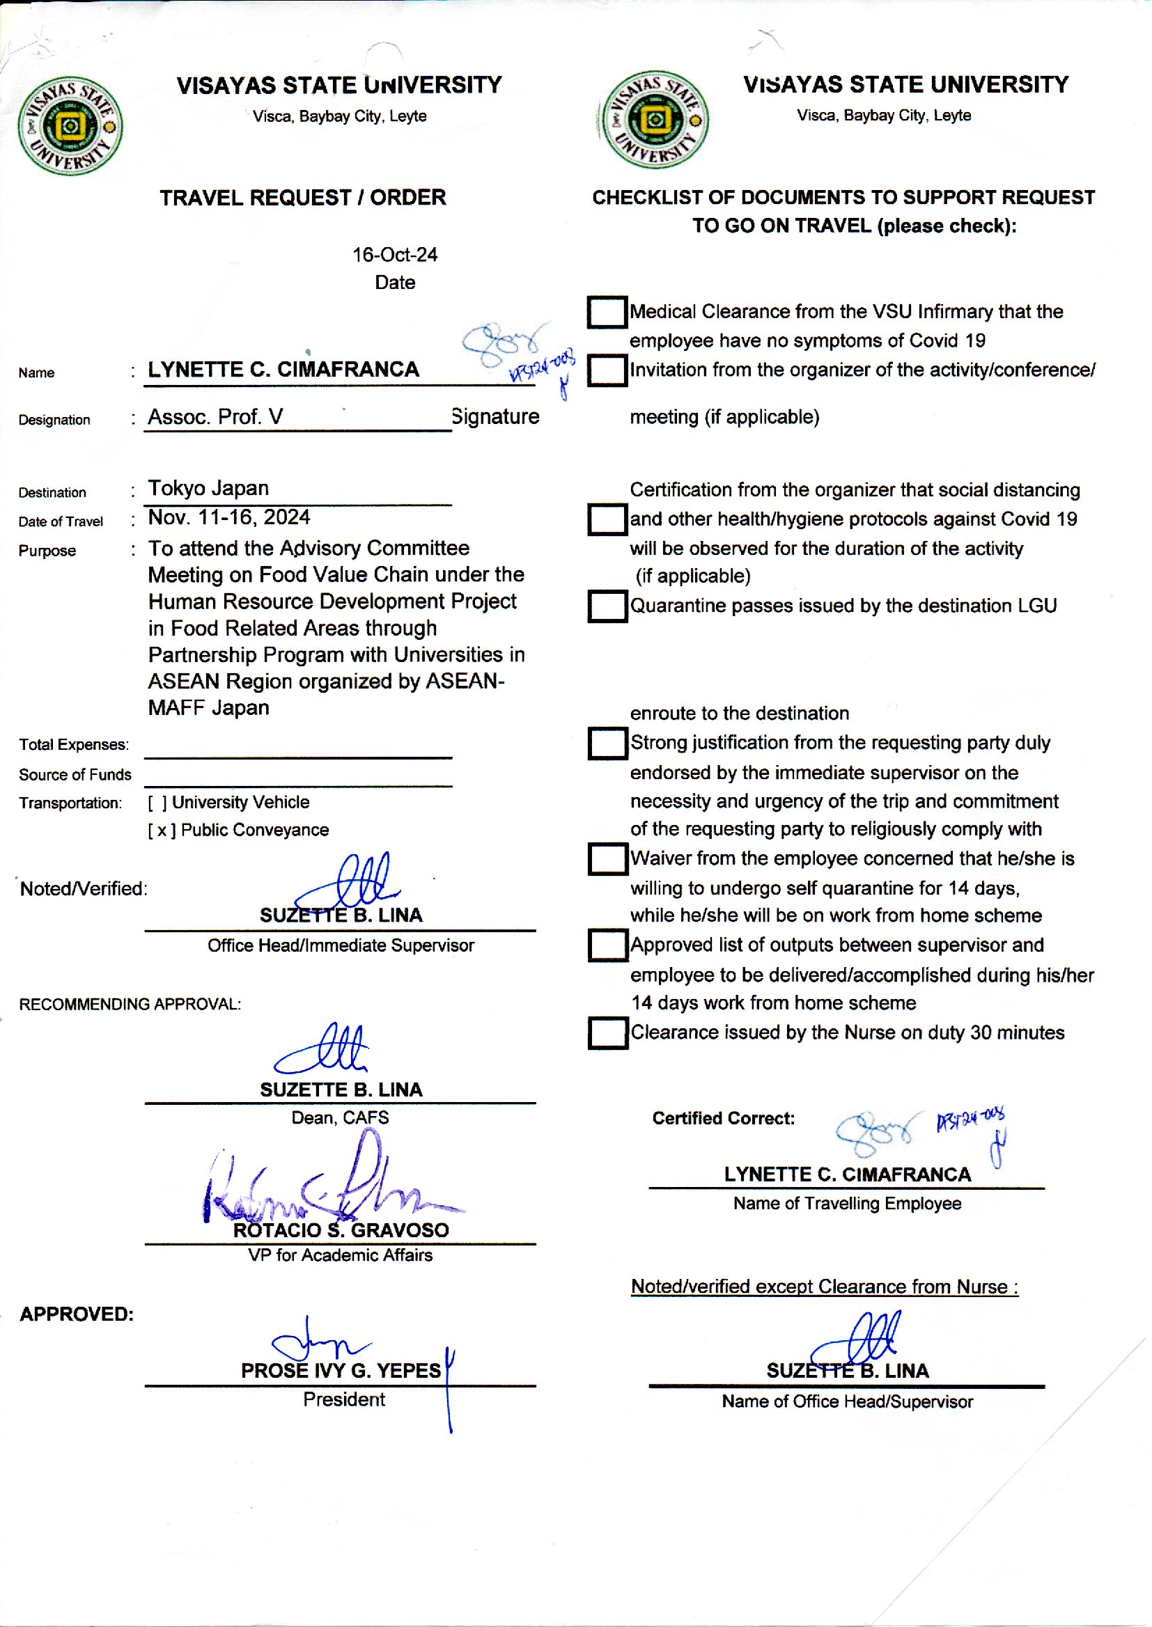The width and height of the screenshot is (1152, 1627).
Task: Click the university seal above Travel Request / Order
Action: pos(70,126)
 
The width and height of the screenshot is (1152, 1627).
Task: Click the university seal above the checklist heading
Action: pos(654,120)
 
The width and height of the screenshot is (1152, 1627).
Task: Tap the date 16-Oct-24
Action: pos(394,255)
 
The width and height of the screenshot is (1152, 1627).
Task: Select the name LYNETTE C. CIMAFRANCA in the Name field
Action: pos(283,370)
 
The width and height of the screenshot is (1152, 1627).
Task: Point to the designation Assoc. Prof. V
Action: pos(215,417)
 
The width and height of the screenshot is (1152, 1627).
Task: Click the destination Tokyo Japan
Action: pos(208,489)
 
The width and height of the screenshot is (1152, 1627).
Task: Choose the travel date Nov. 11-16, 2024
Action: pos(228,517)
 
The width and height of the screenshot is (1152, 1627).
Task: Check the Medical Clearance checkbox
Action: pos(607,312)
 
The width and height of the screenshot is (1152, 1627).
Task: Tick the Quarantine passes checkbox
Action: pos(607,606)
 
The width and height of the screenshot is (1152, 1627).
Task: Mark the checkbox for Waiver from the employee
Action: pos(607,858)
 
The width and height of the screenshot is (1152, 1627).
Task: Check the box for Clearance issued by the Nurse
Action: pos(607,1033)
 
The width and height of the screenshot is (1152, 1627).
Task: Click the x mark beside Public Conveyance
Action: pos(162,830)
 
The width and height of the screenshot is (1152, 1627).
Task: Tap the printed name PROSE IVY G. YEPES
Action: pos(341,1370)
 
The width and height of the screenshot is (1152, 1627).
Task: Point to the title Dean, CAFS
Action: pos(340,1118)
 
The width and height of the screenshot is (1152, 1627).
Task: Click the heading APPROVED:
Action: pos(77,1314)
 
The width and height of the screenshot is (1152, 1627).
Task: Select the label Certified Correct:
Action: pos(724,1119)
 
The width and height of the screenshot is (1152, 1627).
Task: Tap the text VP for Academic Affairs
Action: pos(340,1255)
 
